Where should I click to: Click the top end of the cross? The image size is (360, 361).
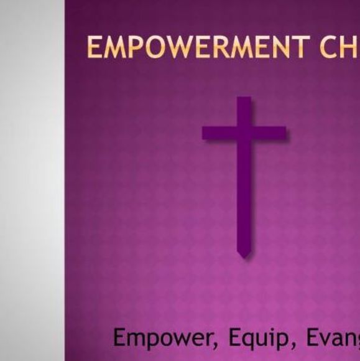coord(244,100)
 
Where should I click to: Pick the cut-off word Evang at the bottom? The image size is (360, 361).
coord(333,338)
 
